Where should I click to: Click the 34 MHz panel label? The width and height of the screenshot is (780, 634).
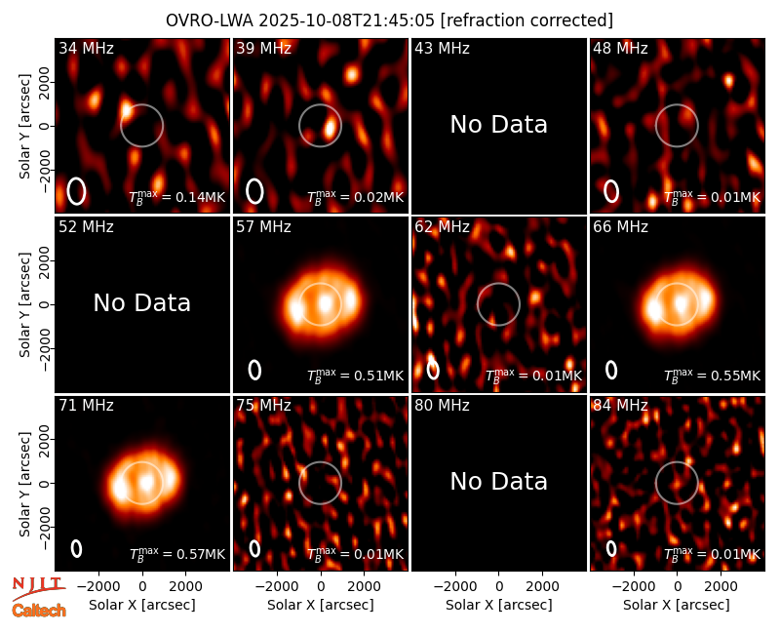86,48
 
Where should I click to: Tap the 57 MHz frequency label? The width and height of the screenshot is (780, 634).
263,227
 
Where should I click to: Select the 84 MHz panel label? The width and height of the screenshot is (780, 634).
620,406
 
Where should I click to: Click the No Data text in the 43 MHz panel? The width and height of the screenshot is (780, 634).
499,125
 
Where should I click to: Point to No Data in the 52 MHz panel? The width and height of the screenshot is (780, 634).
142,303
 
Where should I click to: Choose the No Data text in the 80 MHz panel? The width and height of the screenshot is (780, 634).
499,482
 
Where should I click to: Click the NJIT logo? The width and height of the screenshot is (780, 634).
37,588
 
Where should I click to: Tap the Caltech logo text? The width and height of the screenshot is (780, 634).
39,611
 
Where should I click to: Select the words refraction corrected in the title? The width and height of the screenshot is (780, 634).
526,20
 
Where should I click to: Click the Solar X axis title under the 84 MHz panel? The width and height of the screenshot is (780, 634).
677,605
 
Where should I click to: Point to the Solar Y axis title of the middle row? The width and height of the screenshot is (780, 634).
25,304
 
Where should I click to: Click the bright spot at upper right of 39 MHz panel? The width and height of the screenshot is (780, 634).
352,75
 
